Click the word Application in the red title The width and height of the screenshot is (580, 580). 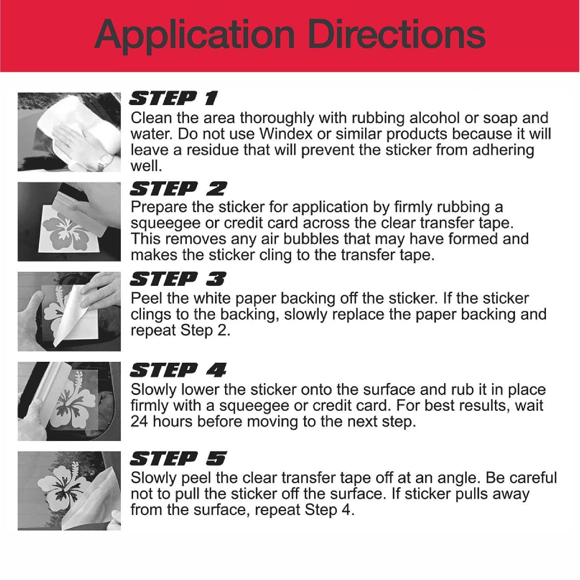click(195, 36)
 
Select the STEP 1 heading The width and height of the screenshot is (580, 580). click(173, 98)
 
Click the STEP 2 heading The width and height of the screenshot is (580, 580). click(178, 189)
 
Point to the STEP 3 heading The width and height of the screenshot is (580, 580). click(178, 279)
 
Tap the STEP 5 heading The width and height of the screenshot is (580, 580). click(178, 459)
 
